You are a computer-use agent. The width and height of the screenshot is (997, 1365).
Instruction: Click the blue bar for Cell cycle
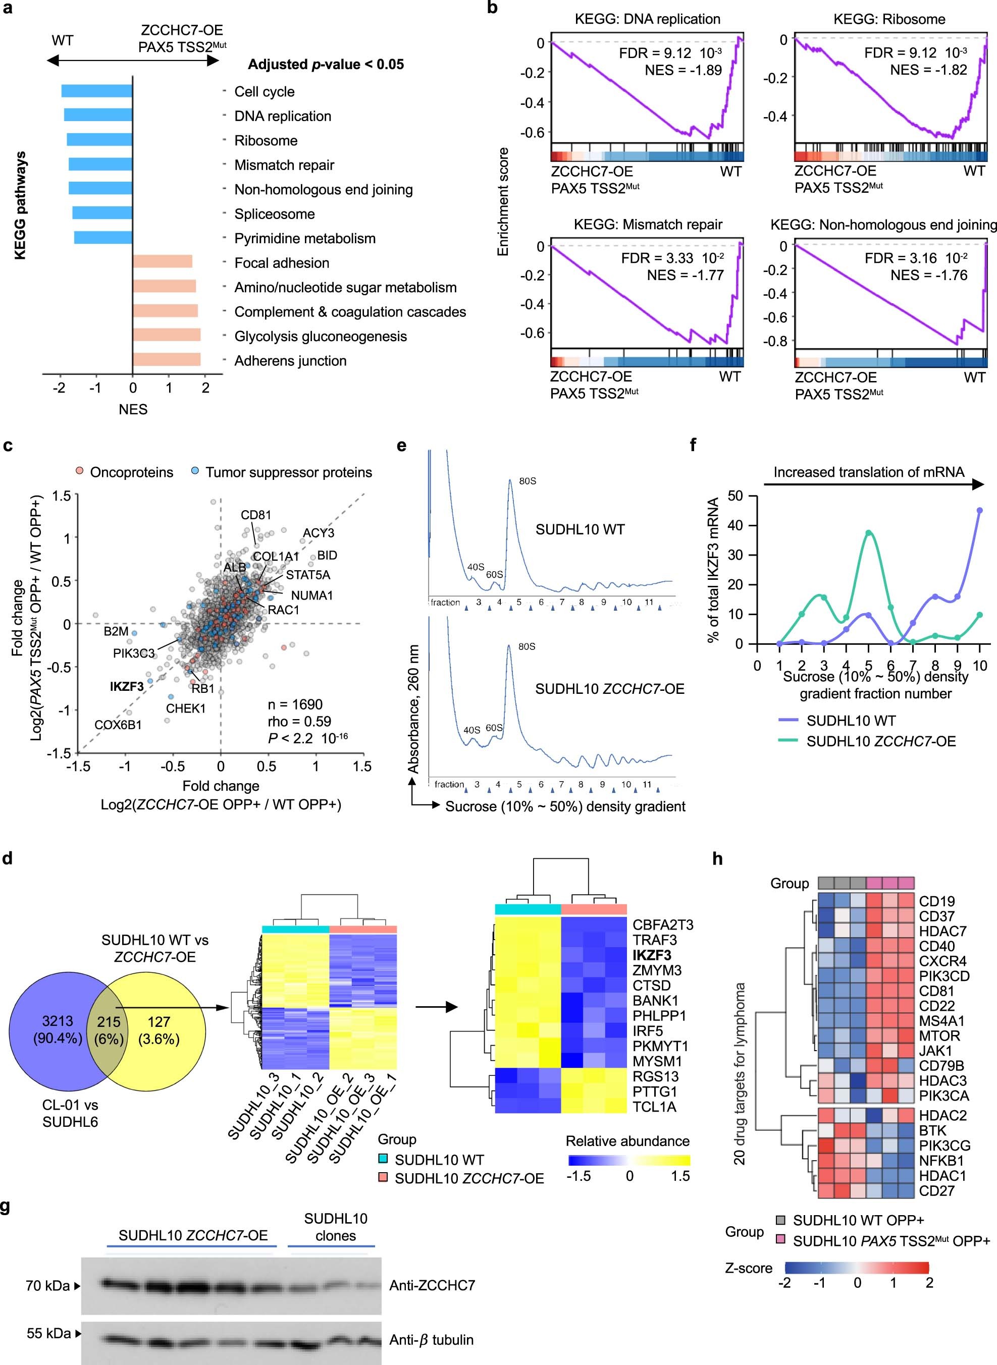pos(96,91)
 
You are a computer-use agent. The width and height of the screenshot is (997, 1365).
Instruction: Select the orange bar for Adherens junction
pos(167,360)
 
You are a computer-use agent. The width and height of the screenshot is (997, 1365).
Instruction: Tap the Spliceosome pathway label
pos(275,214)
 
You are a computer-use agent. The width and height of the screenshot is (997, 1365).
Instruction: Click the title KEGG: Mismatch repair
pos(648,225)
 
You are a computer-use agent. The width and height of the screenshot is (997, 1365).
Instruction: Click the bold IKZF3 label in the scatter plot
pos(127,686)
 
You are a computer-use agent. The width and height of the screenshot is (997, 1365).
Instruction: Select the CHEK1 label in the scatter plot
pos(186,708)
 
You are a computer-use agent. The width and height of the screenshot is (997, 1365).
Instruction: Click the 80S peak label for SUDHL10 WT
pos(528,481)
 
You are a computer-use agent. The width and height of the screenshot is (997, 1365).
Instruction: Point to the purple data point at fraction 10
pos(979,510)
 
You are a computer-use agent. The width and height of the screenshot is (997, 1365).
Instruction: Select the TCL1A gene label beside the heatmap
pos(654,1107)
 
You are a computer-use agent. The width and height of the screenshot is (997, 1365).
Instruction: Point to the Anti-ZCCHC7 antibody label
pos(432,1285)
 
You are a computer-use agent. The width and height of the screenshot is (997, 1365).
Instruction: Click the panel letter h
pos(717,858)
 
